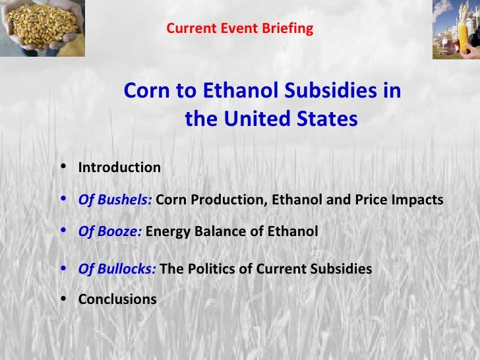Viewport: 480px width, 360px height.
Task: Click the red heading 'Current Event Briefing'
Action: (x=239, y=29)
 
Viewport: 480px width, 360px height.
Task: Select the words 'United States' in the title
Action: (x=290, y=119)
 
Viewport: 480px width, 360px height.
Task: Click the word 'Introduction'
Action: (x=119, y=167)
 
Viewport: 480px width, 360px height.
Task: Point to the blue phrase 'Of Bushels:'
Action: (x=115, y=200)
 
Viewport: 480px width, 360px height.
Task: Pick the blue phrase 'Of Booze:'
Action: (x=109, y=231)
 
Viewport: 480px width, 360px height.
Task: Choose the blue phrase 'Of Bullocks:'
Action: (x=117, y=269)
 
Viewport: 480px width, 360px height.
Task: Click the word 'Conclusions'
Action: (x=117, y=299)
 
